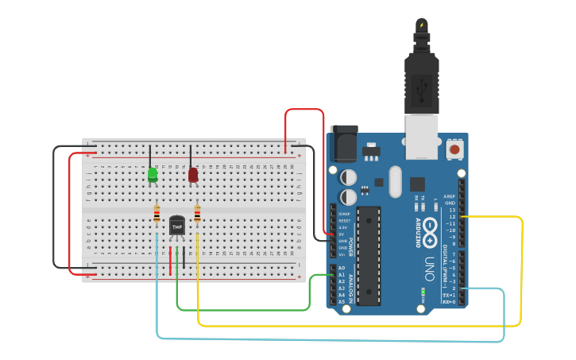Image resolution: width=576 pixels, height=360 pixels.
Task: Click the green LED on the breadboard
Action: click(153, 174)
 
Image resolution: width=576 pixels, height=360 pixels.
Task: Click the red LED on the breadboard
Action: click(193, 174)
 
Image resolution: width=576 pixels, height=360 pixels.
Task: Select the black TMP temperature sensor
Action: click(176, 226)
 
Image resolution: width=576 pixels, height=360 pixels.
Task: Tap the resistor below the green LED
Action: click(157, 214)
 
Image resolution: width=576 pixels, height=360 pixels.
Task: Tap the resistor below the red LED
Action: click(197, 214)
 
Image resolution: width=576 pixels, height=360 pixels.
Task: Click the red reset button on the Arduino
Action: click(454, 149)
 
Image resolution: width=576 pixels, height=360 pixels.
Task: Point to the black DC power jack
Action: click(343, 144)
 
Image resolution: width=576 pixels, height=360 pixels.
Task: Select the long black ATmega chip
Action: click(369, 256)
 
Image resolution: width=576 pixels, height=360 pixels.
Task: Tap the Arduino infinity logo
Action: click(431, 227)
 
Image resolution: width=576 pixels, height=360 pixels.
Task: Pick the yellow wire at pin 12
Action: click(493, 216)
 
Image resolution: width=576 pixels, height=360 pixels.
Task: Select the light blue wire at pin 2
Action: click(485, 288)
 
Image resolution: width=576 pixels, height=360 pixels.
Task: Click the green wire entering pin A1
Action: click(319, 276)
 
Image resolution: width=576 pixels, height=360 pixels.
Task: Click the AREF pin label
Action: click(450, 195)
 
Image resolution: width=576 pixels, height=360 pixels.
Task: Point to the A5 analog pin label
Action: click(342, 302)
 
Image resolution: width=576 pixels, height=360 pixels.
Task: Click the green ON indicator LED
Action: click(423, 292)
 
